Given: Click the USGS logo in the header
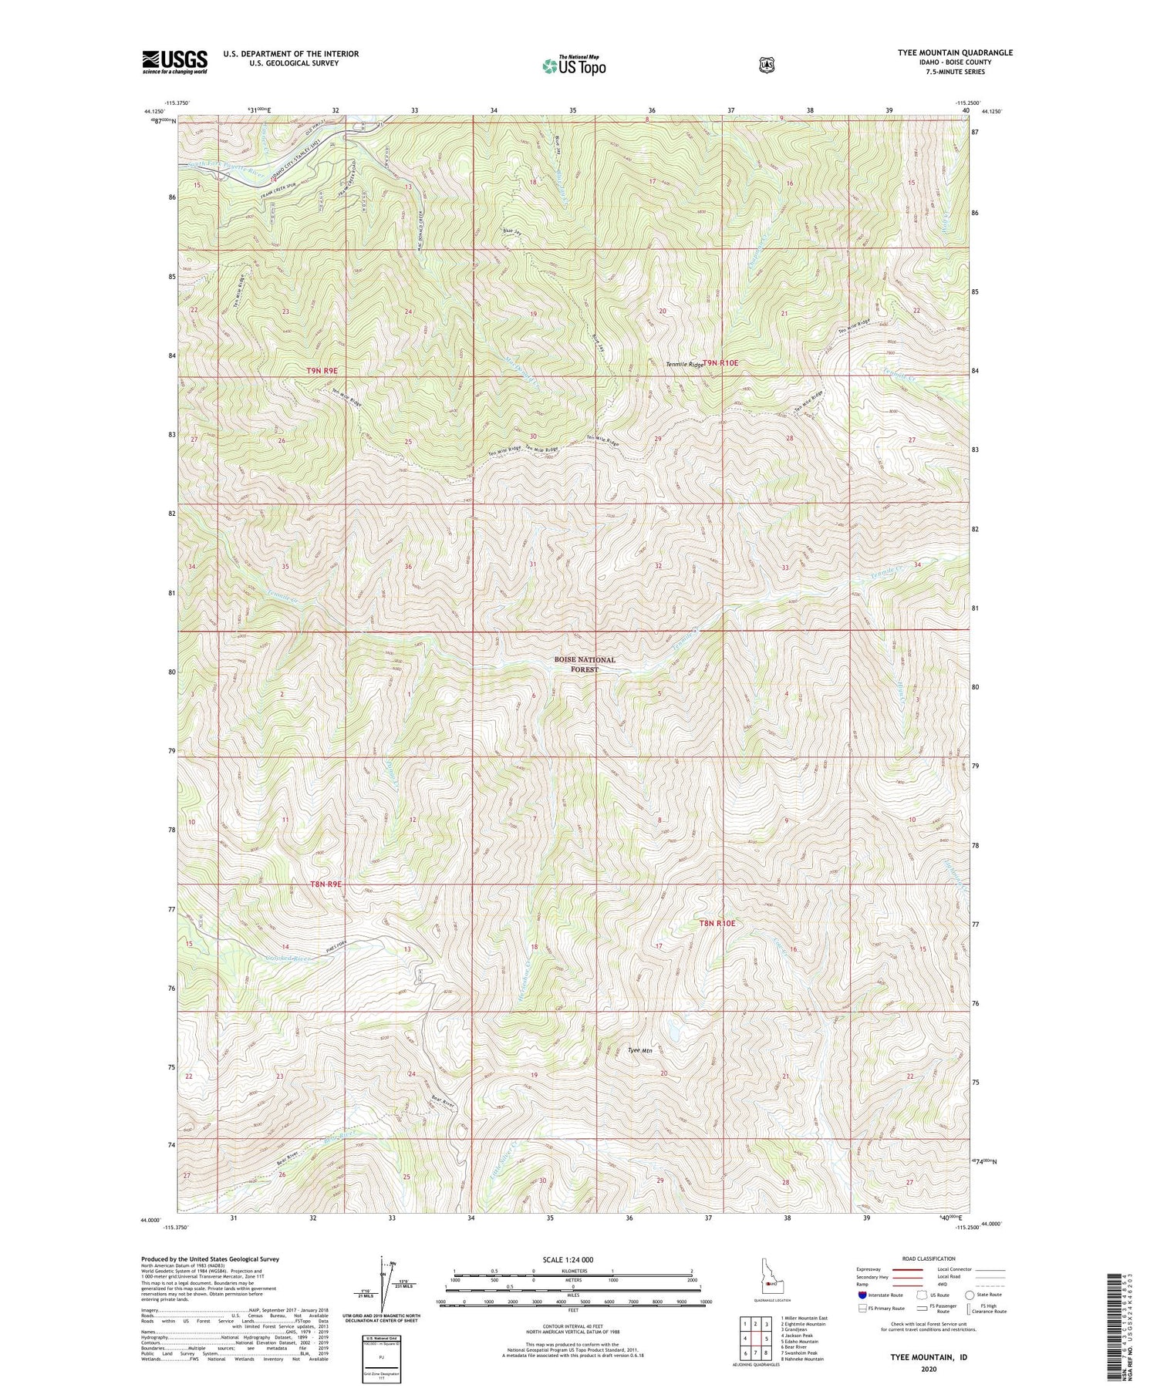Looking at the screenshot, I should (174, 62).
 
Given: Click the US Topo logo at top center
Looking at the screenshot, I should (574, 66).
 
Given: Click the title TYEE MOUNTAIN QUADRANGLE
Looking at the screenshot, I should (950, 52).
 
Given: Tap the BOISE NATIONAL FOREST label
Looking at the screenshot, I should (585, 665).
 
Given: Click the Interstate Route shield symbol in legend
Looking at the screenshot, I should (862, 1295).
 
